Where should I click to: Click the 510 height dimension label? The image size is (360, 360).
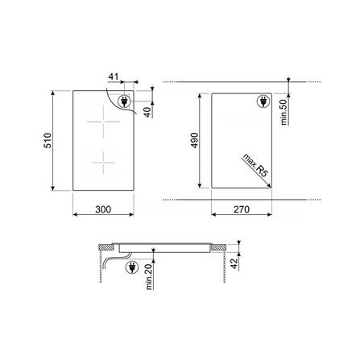pos(48,140)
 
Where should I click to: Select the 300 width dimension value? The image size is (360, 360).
pos(103,209)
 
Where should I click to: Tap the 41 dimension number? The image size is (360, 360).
pos(114,77)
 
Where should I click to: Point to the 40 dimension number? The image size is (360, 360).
pos(147,111)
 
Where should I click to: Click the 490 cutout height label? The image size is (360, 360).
pos(194,140)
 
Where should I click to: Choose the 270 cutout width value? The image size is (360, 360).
pos(242,209)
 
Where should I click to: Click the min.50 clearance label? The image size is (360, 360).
pos(284,112)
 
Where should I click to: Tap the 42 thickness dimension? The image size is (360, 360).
pos(234,263)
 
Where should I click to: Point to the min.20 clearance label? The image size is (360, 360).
pos(149,276)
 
